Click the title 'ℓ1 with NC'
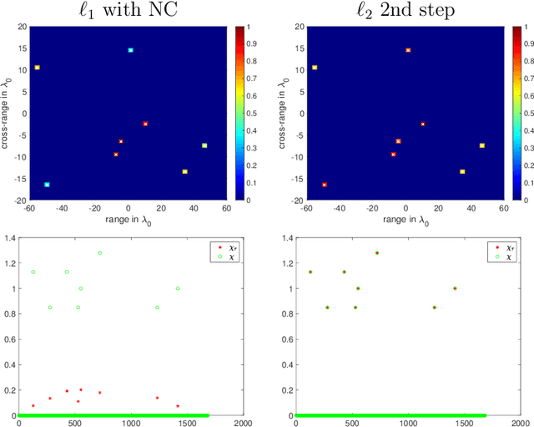(128, 11)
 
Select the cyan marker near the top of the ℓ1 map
(130, 50)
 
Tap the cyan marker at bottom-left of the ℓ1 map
(47, 185)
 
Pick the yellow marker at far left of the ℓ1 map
(37, 68)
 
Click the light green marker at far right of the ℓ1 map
(204, 145)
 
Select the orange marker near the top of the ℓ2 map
(408, 50)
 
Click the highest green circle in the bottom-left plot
(99, 252)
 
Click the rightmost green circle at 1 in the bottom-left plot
(178, 288)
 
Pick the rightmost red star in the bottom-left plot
(178, 406)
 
